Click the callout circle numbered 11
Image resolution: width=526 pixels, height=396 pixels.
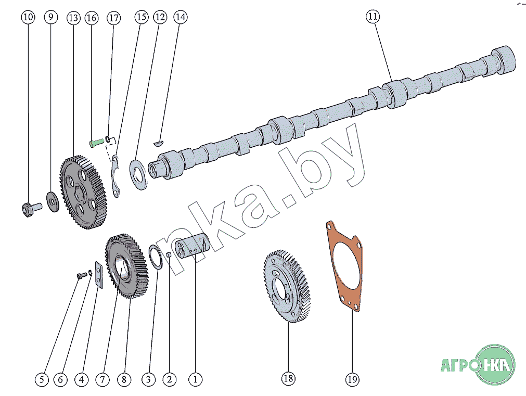click(x=373, y=17)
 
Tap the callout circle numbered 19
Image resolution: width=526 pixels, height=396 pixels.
click(x=352, y=380)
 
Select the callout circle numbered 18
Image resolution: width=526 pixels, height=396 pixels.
click(x=289, y=379)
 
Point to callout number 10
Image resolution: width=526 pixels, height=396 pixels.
click(x=28, y=18)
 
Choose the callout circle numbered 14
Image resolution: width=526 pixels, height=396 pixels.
click(x=180, y=17)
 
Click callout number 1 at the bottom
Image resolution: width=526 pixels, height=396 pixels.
click(x=196, y=380)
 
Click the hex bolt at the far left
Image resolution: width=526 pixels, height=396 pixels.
click(x=29, y=209)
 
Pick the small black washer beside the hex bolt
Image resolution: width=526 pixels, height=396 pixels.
click(x=53, y=201)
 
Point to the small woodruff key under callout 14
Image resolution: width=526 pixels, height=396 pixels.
click(x=160, y=140)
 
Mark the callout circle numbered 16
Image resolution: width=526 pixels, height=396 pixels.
click(x=92, y=18)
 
